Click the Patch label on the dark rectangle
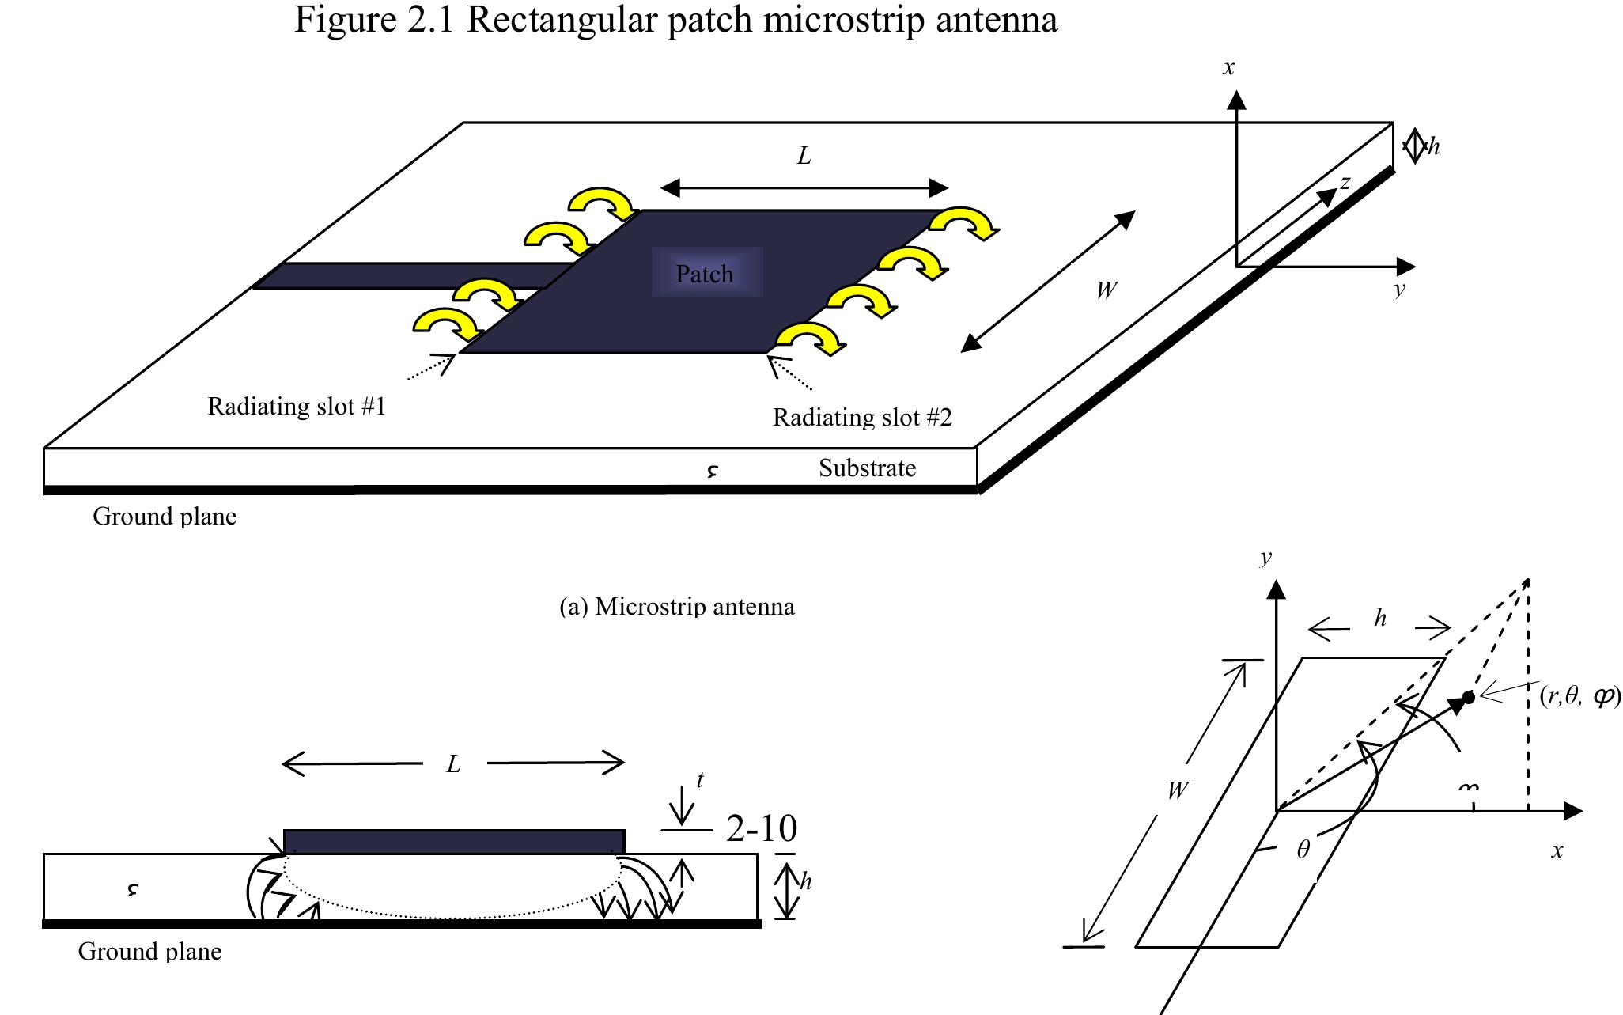tap(704, 274)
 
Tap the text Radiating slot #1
tap(296, 407)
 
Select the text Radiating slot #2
tap(861, 417)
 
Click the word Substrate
tap(867, 468)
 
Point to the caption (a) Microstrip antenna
tap(676, 607)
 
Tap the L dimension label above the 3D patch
tap(804, 157)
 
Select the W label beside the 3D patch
tap(1106, 291)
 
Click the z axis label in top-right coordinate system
tap(1345, 183)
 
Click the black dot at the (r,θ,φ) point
tap(1469, 697)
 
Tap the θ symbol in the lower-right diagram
tap(1303, 850)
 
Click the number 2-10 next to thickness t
tap(761, 828)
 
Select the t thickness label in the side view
tap(700, 780)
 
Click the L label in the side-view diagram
tap(453, 764)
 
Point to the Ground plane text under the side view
tap(149, 951)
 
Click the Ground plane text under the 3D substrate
tap(165, 517)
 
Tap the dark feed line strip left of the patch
tap(411, 275)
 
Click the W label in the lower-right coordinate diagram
tap(1177, 790)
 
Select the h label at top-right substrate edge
tap(1434, 147)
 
